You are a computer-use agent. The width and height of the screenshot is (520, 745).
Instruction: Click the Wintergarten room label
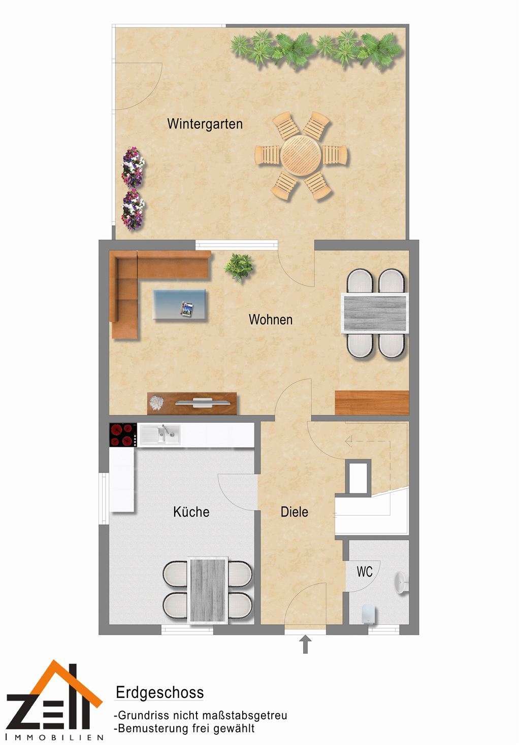[x=205, y=124]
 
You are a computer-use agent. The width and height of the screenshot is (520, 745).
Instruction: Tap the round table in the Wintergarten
[x=301, y=155]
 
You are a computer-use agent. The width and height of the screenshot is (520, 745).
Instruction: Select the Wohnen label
[x=271, y=320]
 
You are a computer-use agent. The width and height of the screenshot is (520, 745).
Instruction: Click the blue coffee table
[x=179, y=304]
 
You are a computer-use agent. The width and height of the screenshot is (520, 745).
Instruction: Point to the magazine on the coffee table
[x=187, y=309]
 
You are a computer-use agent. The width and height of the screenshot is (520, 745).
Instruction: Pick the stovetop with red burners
[x=123, y=435]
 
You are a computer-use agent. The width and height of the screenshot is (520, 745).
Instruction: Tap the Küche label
[x=191, y=512]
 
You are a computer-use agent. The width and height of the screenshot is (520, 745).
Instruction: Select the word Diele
[x=294, y=512]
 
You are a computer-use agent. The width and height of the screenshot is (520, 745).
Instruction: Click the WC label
[x=364, y=572]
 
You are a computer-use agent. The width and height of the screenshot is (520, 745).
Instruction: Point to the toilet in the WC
[x=368, y=613]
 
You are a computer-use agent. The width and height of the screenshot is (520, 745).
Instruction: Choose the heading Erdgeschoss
[x=159, y=693]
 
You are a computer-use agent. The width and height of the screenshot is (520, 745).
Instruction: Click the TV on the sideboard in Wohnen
[x=203, y=402]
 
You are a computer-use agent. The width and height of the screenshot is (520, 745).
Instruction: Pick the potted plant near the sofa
[x=239, y=267]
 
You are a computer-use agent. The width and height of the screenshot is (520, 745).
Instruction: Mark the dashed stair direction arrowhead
[x=348, y=442]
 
